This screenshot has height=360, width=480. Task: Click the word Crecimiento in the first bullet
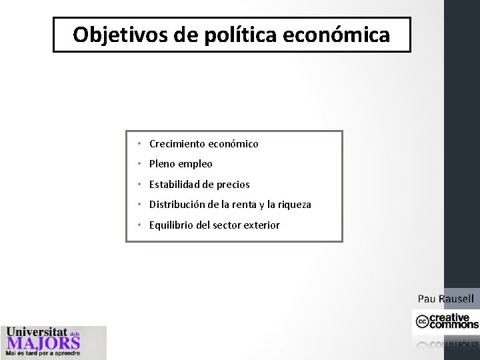tap(177, 144)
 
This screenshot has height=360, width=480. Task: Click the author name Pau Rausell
tap(446, 299)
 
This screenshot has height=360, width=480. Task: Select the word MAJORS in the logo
tap(43, 343)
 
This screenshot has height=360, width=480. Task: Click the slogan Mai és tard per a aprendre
tap(44, 354)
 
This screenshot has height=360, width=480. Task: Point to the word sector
tap(225, 225)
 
